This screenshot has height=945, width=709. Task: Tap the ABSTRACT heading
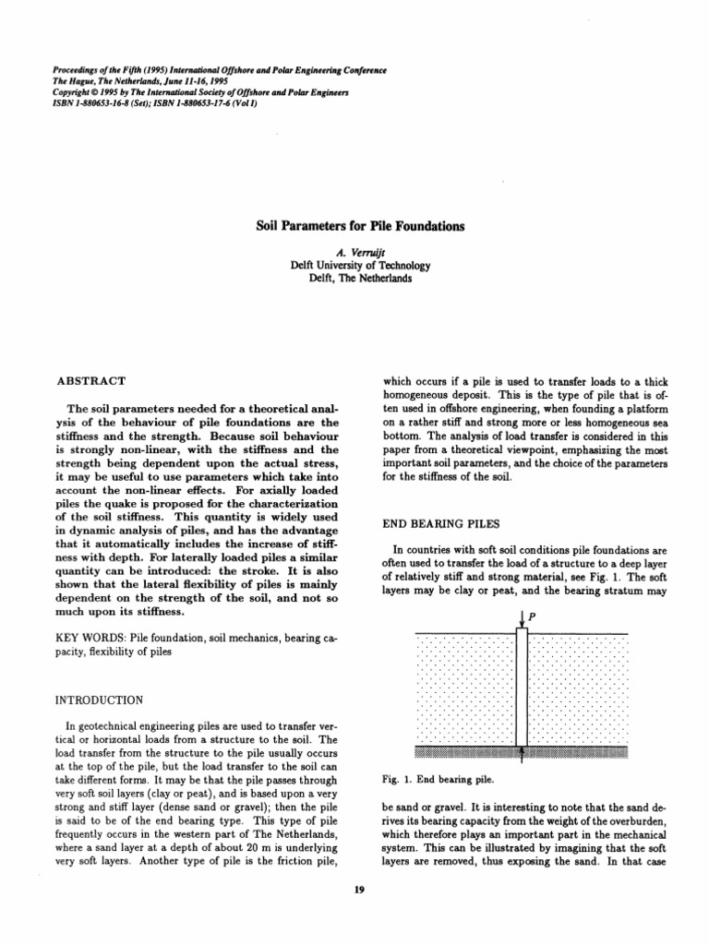[91, 380]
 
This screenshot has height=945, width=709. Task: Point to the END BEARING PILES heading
[439, 522]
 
